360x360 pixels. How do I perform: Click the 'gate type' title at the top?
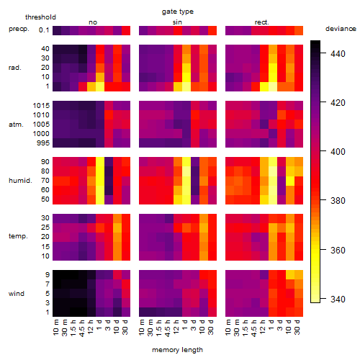point(178,12)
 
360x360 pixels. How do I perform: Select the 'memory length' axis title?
point(178,350)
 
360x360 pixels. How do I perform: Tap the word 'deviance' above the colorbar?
point(341,29)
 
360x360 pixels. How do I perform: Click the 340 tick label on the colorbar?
point(338,300)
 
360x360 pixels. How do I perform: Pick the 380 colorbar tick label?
point(338,200)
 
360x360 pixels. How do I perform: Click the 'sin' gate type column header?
point(177,22)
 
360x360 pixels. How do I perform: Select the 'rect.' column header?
point(262,22)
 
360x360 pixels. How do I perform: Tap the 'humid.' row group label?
point(20,181)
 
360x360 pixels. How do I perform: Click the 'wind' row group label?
point(17,294)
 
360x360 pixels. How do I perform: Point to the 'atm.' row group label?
point(16,125)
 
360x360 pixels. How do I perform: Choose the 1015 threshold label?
point(41,105)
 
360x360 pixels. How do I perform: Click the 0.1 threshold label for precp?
point(44,30)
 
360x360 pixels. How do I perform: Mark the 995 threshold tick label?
point(43,143)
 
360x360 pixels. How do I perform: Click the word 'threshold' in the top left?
point(40,17)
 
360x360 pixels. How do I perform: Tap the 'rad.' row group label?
point(15,68)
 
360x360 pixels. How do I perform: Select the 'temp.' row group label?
point(18,236)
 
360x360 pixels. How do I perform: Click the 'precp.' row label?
point(19,29)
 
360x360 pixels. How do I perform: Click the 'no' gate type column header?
point(93,22)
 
